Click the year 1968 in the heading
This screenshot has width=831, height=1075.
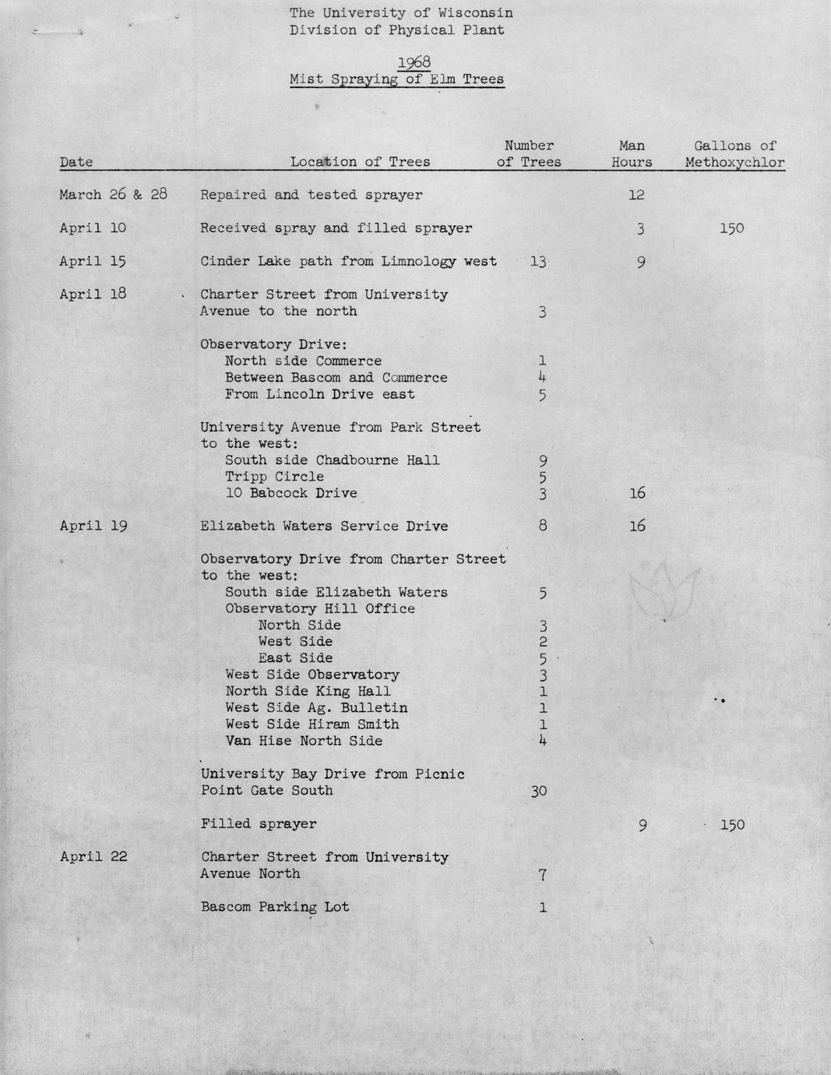[x=414, y=62]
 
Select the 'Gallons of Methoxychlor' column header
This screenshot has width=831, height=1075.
[x=734, y=154]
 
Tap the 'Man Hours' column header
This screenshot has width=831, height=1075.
[x=632, y=154]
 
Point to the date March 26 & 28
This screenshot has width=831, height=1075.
[x=113, y=195]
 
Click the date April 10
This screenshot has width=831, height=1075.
[x=93, y=228]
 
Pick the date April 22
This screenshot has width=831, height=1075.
[x=93, y=857]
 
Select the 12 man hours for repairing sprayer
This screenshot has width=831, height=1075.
[x=636, y=195]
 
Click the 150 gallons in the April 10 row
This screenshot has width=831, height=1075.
[x=731, y=228]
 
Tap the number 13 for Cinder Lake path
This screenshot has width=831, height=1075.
[x=537, y=262]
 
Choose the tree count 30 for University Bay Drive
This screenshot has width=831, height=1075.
[x=538, y=791]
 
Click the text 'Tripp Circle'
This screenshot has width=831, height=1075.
[x=274, y=477]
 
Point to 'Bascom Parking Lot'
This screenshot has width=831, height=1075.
[x=275, y=907]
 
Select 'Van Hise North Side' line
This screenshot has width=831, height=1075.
[x=304, y=741]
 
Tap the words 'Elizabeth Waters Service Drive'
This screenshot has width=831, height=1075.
[x=324, y=526]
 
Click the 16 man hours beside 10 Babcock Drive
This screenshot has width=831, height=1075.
[x=636, y=493]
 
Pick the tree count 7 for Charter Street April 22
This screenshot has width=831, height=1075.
[x=542, y=874]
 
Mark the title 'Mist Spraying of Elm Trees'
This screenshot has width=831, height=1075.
[x=396, y=79]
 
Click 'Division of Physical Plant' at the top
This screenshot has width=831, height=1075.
[x=396, y=30]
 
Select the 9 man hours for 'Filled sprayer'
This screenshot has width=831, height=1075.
[x=641, y=824]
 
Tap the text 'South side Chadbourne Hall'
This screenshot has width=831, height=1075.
[x=332, y=460]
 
